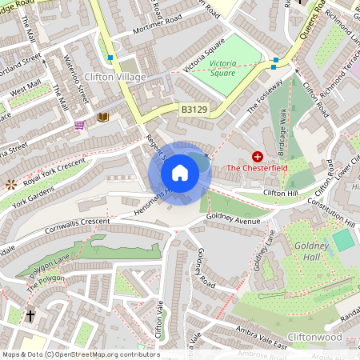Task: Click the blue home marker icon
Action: (x=180, y=172)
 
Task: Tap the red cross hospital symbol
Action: (x=258, y=157)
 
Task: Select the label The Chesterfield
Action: (x=257, y=169)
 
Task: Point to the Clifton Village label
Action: (x=114, y=78)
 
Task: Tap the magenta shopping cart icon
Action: (x=79, y=125)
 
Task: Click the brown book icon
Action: (x=102, y=118)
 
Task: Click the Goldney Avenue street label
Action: (x=234, y=217)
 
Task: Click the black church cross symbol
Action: (x=30, y=317)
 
